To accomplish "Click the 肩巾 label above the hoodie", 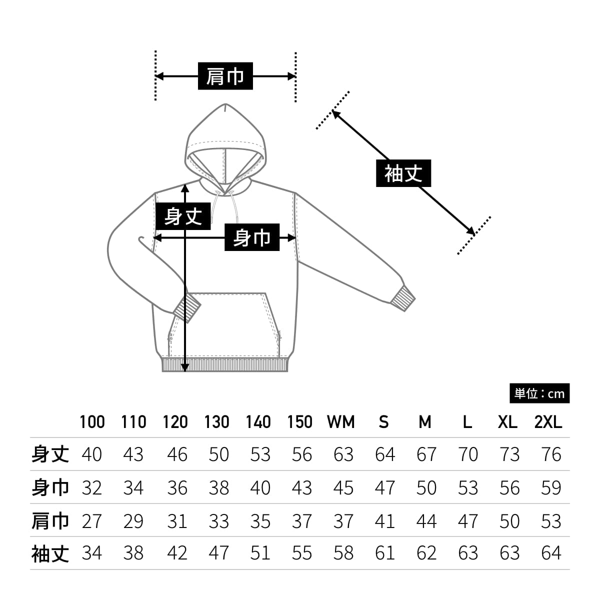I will (x=225, y=76).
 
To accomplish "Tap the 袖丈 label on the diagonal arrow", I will (x=403, y=173).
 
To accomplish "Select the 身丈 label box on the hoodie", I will (x=183, y=216).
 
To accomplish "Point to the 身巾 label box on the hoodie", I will (x=251, y=237).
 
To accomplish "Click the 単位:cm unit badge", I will (x=539, y=394).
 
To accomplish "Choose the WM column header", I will (x=341, y=422).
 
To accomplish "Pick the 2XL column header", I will (x=548, y=422).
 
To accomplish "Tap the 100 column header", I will (x=92, y=422).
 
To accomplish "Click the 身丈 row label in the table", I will (x=50, y=454).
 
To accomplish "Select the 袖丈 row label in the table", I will (x=50, y=553).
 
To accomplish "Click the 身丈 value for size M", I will (x=426, y=454).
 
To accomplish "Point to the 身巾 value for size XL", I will (x=509, y=488).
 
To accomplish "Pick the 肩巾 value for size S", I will (x=384, y=521).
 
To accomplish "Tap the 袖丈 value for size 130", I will (x=218, y=553).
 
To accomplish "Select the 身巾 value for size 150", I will (x=301, y=488).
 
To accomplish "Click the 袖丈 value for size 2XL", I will (x=551, y=553).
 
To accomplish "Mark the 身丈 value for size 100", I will (x=91, y=454).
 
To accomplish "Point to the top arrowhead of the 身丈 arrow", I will (x=185, y=188).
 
